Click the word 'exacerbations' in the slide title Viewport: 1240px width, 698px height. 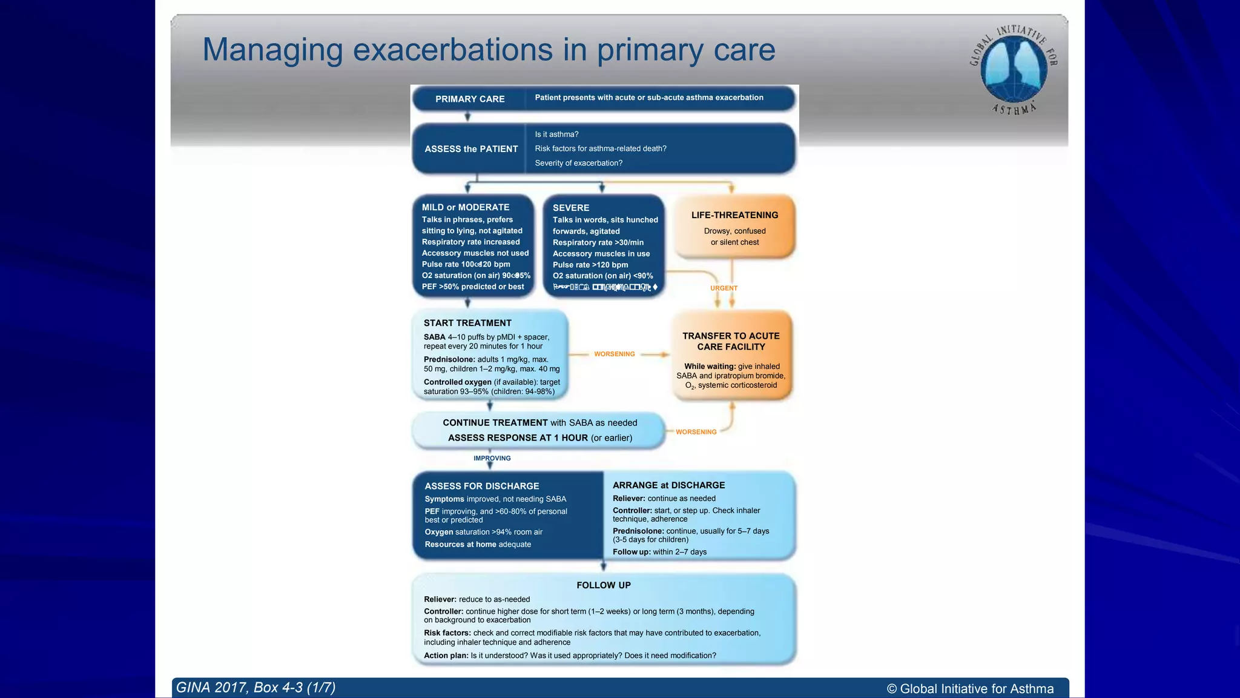[x=452, y=50]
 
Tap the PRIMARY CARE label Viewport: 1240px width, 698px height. [x=470, y=99]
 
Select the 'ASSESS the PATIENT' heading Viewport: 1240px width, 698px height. [x=471, y=149]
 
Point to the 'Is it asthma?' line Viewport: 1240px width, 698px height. [x=556, y=135]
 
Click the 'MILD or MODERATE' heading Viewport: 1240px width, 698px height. [x=466, y=207]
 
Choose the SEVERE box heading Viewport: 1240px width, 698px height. [x=570, y=208]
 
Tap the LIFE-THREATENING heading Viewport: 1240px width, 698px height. [x=734, y=215]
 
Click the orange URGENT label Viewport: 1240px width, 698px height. [x=724, y=288]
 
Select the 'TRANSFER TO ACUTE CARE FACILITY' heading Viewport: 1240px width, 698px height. [x=731, y=341]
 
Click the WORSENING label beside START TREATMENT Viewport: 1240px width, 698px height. [x=614, y=354]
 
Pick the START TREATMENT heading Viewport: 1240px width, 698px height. [x=467, y=323]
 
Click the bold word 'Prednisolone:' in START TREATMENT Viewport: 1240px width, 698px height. [x=449, y=359]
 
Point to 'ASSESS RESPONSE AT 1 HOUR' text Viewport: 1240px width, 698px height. [x=518, y=437]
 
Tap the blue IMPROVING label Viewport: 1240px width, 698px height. [x=492, y=458]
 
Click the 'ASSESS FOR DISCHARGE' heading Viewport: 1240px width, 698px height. [x=481, y=486]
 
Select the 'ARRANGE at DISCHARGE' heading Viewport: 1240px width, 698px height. [x=668, y=485]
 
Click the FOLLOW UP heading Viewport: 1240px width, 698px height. [x=603, y=585]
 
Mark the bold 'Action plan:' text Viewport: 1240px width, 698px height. [x=446, y=656]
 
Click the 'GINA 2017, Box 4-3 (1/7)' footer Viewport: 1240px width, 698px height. [x=256, y=688]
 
